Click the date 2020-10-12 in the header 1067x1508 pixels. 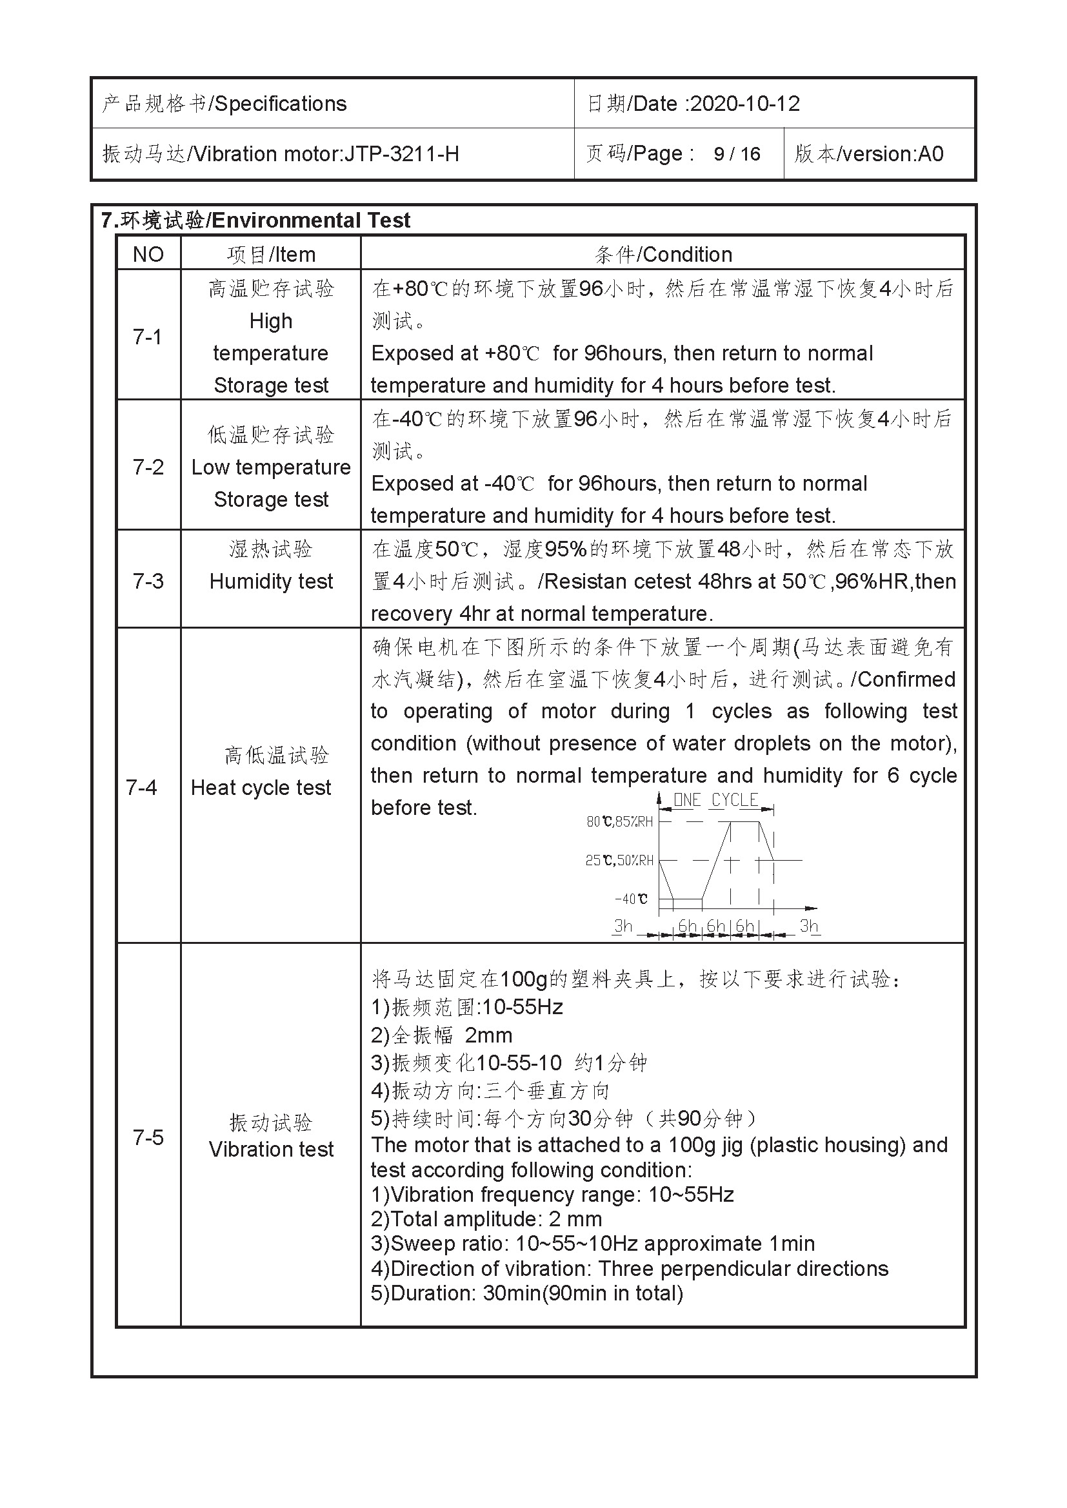(x=745, y=104)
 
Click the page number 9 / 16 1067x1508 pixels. (x=737, y=153)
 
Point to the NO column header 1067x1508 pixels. (x=148, y=254)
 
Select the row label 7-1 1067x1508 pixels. (x=147, y=337)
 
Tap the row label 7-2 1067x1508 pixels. (x=148, y=467)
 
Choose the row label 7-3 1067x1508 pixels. (x=148, y=582)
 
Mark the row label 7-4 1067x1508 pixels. (x=141, y=787)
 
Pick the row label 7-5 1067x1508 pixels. (x=148, y=1137)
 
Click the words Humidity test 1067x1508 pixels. (x=272, y=582)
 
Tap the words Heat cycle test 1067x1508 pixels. (x=261, y=787)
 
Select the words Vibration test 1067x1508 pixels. (x=272, y=1149)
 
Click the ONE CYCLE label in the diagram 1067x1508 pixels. (x=716, y=800)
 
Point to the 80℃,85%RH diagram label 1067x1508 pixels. (x=619, y=821)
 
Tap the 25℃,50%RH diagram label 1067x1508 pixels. (x=619, y=861)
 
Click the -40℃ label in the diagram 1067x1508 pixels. (x=631, y=899)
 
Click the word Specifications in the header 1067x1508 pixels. (x=281, y=104)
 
